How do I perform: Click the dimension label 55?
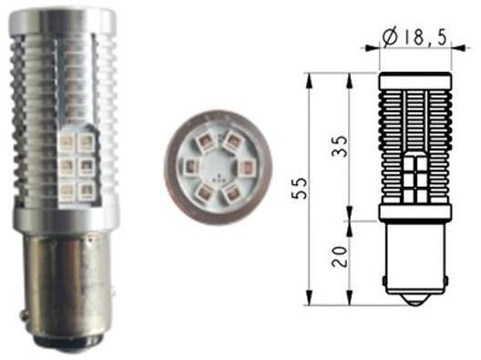300,188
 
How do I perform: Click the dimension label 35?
340,146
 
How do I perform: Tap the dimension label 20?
340,256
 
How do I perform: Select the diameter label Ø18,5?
414,38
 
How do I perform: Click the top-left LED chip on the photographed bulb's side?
67,142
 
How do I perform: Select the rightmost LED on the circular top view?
246,167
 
